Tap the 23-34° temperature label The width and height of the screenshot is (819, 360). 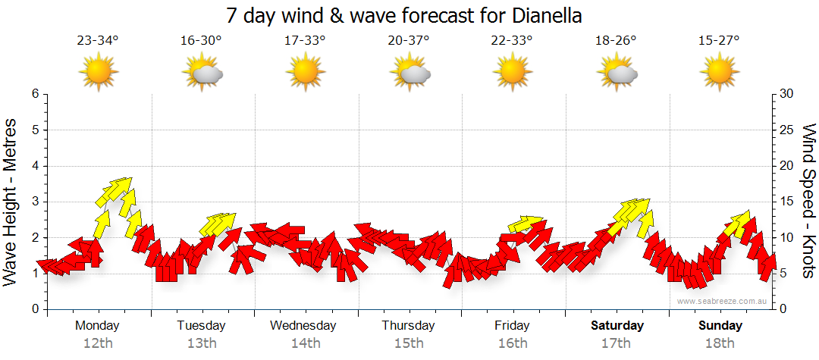point(98,41)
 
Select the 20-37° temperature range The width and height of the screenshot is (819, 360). point(409,41)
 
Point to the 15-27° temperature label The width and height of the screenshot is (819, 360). point(719,41)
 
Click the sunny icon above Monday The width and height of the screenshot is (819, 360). point(99,72)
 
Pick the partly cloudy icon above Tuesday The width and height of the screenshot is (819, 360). point(202,73)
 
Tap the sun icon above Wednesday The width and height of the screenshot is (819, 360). point(306,72)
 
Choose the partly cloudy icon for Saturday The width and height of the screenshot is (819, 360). point(617,73)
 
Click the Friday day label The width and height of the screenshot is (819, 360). point(512,325)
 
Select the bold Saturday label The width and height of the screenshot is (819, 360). point(617,325)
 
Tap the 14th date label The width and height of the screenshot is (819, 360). point(305,343)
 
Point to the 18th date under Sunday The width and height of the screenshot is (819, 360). point(720,343)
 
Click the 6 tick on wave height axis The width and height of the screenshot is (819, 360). point(35,94)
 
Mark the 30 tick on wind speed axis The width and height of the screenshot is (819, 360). point(786,94)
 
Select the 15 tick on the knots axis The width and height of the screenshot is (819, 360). point(786,202)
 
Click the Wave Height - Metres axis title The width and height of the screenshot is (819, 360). point(11,202)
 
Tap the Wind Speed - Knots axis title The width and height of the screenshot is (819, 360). point(808,202)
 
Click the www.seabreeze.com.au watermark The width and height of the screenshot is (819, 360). point(723,301)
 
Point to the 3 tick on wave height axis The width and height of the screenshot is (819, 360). point(35,202)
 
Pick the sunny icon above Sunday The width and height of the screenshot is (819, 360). point(720,72)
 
